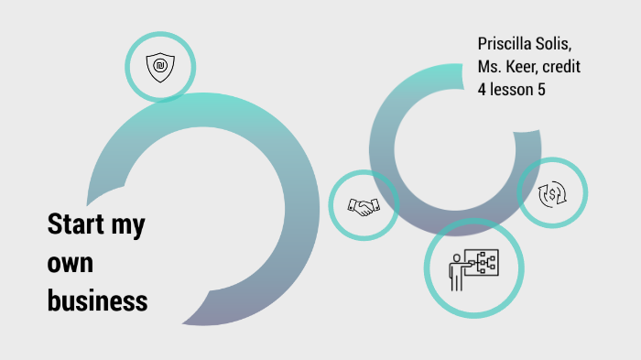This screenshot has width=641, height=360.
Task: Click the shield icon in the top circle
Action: tap(160, 67)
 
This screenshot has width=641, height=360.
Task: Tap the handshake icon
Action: tap(364, 206)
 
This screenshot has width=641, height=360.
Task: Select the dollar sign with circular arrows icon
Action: tap(552, 193)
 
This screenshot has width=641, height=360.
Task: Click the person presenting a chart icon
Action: tap(473, 267)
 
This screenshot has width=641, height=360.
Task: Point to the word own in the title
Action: tap(71, 262)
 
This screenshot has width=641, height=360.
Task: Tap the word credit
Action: tap(561, 68)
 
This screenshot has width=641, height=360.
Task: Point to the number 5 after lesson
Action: tap(553, 91)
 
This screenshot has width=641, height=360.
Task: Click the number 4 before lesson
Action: tap(483, 91)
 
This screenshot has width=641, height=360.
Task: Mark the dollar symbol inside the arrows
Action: tap(552, 193)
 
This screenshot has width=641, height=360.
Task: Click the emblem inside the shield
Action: tap(160, 66)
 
